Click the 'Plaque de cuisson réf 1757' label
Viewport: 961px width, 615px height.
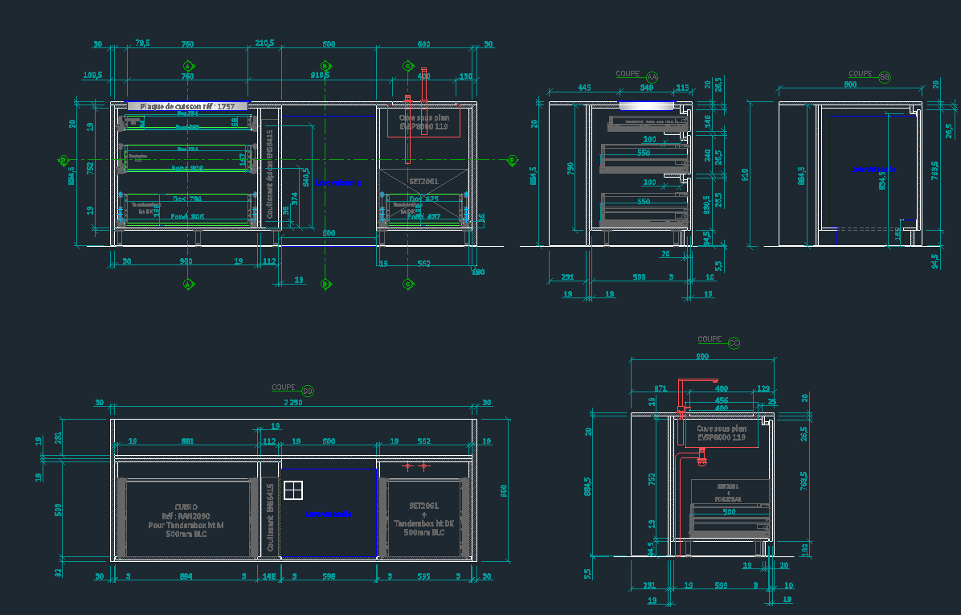pyautogui.click(x=187, y=106)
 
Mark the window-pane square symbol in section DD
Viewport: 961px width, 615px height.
pyautogui.click(x=294, y=490)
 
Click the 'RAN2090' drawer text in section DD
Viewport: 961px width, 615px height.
pyautogui.click(x=186, y=516)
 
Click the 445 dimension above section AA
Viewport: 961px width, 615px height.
pyautogui.click(x=584, y=87)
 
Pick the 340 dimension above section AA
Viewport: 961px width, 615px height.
pyautogui.click(x=646, y=87)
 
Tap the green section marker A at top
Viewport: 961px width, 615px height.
pyautogui.click(x=187, y=65)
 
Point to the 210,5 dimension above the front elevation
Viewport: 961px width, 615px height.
pyautogui.click(x=265, y=43)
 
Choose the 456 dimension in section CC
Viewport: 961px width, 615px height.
pyautogui.click(x=722, y=400)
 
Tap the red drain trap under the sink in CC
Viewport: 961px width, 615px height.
pyautogui.click(x=701, y=458)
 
